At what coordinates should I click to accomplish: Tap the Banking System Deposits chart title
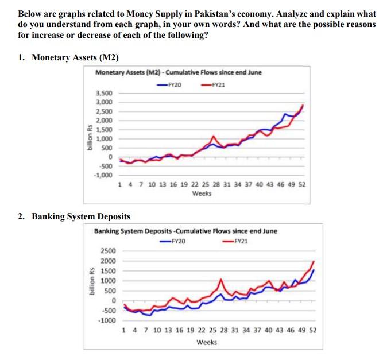[x=185, y=231]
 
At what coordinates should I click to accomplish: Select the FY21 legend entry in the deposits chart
[x=235, y=241]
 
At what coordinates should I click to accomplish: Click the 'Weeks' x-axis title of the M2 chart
[x=202, y=193]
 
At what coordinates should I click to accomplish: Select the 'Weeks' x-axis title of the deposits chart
[x=207, y=342]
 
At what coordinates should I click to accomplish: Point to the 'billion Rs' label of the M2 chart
[x=89, y=137]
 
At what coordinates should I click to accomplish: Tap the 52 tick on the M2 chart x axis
[x=302, y=185]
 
